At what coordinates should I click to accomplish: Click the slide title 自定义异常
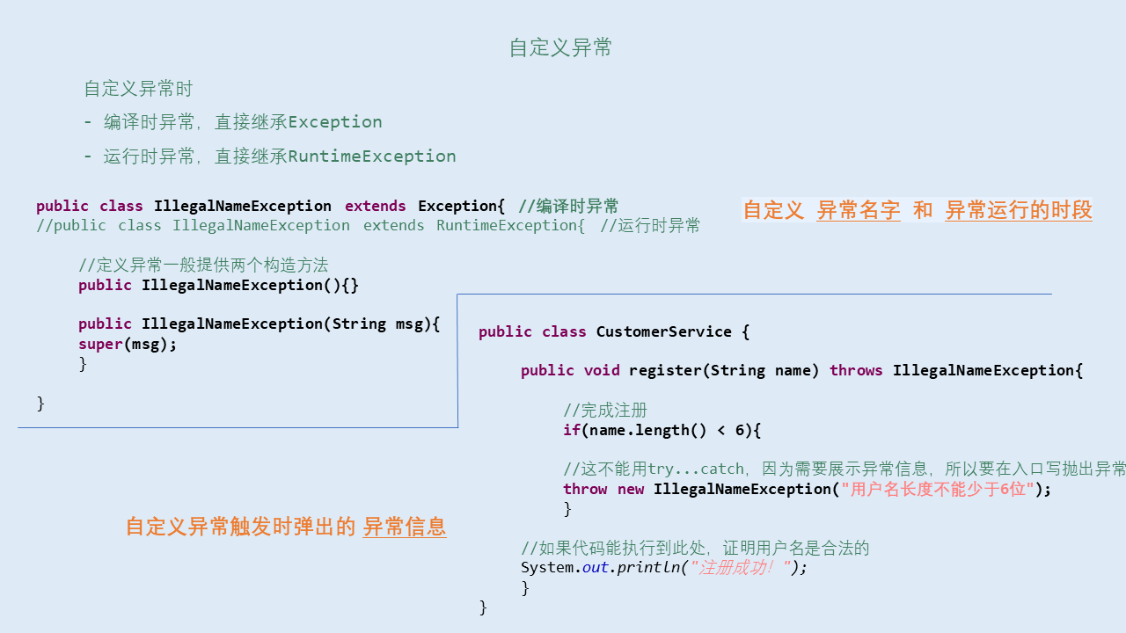[560, 47]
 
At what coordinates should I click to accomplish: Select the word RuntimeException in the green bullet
[372, 156]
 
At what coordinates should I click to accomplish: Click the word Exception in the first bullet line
[335, 122]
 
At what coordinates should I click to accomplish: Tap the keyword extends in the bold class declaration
[376, 207]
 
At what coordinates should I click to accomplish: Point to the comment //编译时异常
[568, 207]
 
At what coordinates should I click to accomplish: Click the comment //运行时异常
[650, 226]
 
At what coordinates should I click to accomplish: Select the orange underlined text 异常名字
[858, 210]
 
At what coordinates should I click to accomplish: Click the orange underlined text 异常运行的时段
[1019, 210]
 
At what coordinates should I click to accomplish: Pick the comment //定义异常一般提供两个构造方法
[203, 265]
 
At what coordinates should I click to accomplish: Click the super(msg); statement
[128, 344]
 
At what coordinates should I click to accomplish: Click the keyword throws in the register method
[856, 370]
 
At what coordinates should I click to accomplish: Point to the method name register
[665, 370]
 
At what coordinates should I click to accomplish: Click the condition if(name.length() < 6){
[662, 430]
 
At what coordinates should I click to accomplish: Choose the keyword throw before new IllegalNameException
[585, 489]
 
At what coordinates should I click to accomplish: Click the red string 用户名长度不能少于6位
[938, 489]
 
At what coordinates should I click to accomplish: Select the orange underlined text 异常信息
[405, 527]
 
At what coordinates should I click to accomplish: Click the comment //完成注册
[605, 410]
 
